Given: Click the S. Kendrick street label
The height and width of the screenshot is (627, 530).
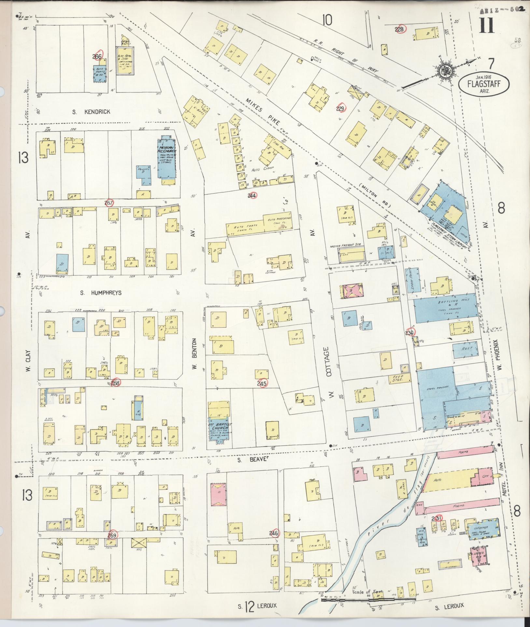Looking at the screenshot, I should click(x=91, y=112).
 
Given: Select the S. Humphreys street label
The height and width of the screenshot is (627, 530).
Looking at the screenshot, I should click(x=101, y=293).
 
